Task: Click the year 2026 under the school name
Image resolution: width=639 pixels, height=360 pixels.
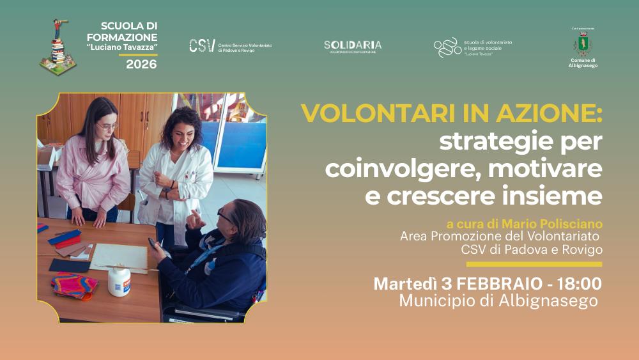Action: (141, 64)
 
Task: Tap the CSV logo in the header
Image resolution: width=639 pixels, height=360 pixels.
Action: (202, 45)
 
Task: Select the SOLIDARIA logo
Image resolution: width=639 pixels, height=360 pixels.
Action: (352, 45)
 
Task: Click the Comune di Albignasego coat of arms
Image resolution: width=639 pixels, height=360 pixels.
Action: (582, 43)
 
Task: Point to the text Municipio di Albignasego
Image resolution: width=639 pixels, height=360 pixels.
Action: (498, 300)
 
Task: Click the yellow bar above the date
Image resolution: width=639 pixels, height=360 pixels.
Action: (534, 263)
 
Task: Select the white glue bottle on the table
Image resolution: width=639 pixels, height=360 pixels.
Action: (118, 281)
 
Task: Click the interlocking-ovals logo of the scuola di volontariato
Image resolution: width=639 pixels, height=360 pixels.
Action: (447, 47)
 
